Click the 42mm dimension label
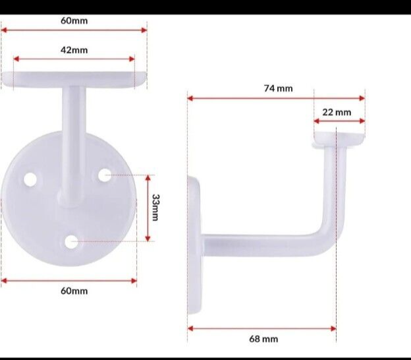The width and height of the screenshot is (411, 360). click(x=74, y=50)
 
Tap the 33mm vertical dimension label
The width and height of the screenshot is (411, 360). click(x=155, y=208)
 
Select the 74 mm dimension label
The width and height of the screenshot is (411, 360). click(x=278, y=88)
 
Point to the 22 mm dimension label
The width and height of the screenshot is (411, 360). click(x=337, y=112)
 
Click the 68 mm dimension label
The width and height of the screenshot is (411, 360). click(x=263, y=339)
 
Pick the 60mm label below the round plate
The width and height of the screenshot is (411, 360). click(x=74, y=291)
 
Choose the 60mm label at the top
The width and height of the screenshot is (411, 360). click(x=74, y=20)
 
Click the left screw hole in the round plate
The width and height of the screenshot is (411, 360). click(x=30, y=179)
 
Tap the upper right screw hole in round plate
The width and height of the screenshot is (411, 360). click(x=105, y=175)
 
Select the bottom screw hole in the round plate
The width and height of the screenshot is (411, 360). click(x=71, y=243)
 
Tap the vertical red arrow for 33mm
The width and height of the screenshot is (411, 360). click(x=147, y=208)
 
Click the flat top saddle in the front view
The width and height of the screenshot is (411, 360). click(x=74, y=79)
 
